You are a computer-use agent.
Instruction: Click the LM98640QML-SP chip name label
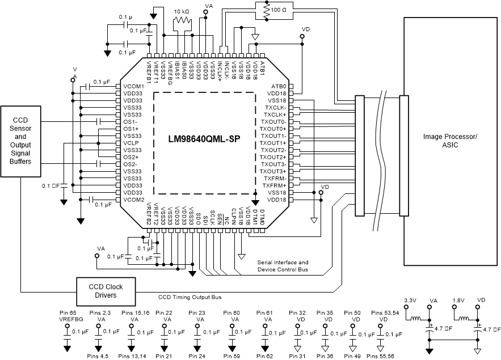tap(203, 139)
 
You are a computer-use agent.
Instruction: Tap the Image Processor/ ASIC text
tap(451, 141)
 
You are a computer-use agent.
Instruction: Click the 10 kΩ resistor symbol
tap(182, 21)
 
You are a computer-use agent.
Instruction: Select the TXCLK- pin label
tap(275, 108)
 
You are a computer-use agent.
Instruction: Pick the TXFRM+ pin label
tap(274, 185)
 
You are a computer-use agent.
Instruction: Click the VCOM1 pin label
tap(133, 87)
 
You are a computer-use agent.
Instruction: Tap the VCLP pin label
tap(131, 143)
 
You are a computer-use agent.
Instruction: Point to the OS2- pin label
tap(130, 164)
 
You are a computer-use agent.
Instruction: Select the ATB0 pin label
tap(279, 87)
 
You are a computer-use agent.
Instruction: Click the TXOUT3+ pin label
tap(273, 171)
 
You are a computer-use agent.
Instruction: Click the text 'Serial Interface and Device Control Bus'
tap(283, 266)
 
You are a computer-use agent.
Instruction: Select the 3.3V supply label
tap(410, 300)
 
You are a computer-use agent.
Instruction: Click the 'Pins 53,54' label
tap(384, 312)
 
